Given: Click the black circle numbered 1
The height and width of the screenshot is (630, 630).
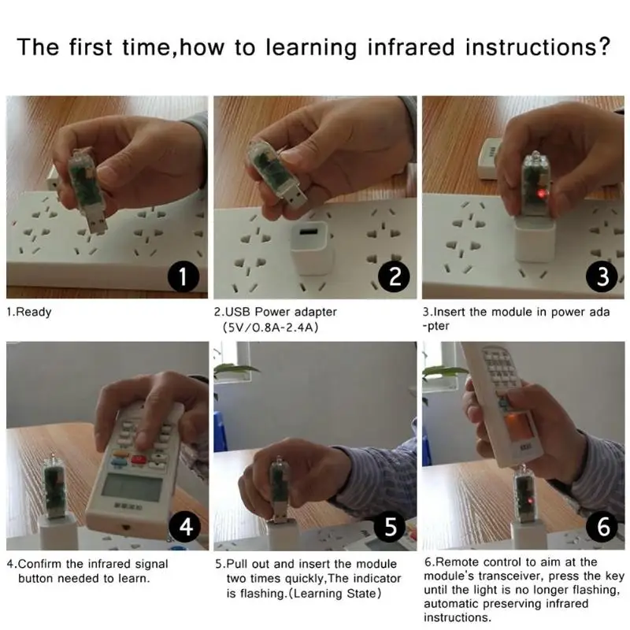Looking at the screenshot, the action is (x=183, y=277).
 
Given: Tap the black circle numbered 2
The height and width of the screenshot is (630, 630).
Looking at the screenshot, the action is (x=395, y=276).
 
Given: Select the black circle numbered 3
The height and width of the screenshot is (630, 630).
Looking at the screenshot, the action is (x=602, y=276).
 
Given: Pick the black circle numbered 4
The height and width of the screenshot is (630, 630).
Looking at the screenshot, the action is (x=186, y=526).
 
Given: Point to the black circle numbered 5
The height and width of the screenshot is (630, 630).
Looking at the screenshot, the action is (x=391, y=526).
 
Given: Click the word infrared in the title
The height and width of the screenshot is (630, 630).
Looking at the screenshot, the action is (x=411, y=46).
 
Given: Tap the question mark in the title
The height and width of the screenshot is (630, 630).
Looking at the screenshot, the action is (x=602, y=46).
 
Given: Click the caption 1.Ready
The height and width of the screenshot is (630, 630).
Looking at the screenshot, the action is (x=29, y=312).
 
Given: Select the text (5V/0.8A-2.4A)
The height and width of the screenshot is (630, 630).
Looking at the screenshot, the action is (x=270, y=328).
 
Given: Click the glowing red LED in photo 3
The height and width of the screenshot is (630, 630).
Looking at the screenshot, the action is (x=541, y=194).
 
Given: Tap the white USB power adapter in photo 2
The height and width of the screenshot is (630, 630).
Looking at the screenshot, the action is (x=311, y=247).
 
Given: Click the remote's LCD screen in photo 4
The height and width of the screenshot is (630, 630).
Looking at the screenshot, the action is (x=131, y=487).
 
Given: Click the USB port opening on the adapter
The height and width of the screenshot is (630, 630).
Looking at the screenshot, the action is (x=308, y=232).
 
